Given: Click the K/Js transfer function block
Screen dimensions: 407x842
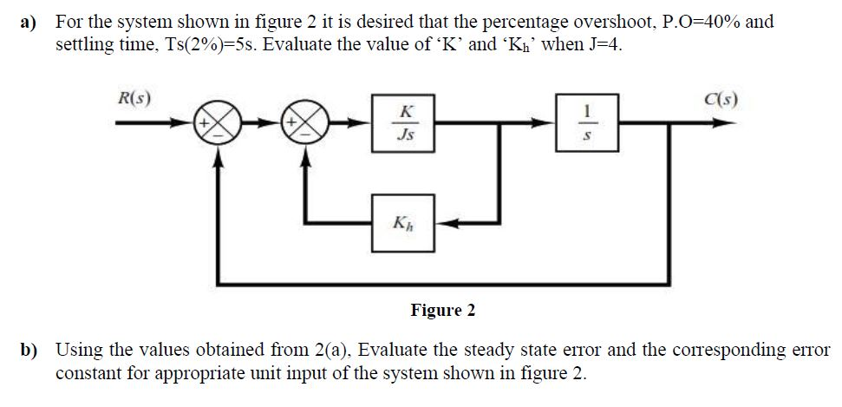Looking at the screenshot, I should point(403,123).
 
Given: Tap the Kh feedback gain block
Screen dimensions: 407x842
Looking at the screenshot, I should point(403,224).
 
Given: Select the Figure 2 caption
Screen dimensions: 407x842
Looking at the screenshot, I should point(443,310).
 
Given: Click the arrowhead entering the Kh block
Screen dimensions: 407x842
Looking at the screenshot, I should point(440,224).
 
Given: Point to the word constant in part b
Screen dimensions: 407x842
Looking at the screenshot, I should point(88,374).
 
